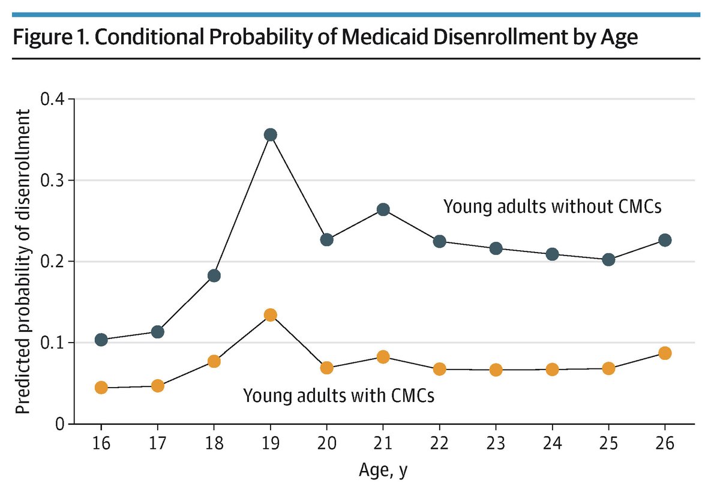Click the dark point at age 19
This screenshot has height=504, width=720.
tap(270, 135)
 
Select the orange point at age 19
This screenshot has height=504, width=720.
tap(270, 315)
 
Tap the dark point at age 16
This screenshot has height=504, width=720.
tap(101, 340)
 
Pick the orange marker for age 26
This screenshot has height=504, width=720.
tap(665, 353)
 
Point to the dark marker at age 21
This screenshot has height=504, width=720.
tap(383, 209)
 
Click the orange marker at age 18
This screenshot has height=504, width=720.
tap(214, 361)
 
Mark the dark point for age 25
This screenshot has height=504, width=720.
tap(608, 260)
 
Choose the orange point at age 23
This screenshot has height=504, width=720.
tap(496, 370)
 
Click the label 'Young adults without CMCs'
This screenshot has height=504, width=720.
tap(552, 208)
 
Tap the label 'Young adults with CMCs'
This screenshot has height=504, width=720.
tap(338, 396)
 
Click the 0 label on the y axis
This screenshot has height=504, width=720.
tap(59, 424)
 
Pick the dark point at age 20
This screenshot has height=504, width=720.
tap(327, 239)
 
